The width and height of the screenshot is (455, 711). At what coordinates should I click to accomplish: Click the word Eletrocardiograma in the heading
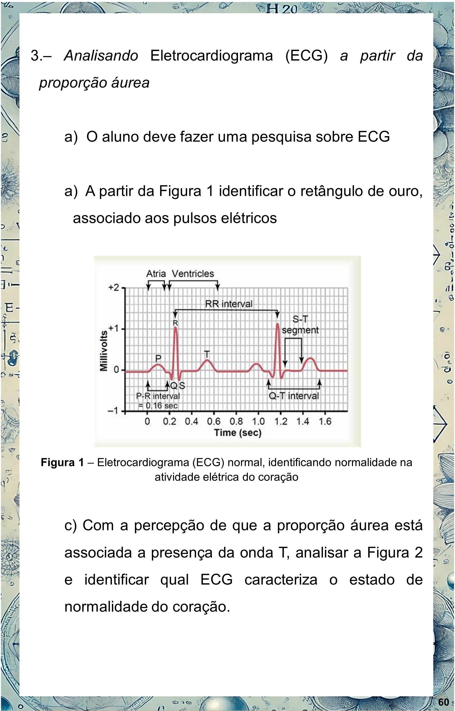click(x=212, y=56)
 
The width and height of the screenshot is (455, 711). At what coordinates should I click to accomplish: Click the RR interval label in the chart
click(x=229, y=304)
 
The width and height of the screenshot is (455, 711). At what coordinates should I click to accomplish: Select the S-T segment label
click(x=300, y=325)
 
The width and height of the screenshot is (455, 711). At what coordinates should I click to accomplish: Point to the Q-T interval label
click(x=294, y=396)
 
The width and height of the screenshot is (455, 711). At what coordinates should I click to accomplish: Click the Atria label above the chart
click(x=156, y=274)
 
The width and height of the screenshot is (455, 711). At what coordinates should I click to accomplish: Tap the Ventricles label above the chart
click(x=193, y=274)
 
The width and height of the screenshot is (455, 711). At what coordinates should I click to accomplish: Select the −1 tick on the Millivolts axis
click(x=113, y=411)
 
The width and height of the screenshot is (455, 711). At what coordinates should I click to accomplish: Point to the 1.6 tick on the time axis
click(x=325, y=421)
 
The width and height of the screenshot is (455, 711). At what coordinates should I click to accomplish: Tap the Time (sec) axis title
click(x=238, y=433)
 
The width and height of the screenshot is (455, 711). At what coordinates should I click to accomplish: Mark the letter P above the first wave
click(x=158, y=358)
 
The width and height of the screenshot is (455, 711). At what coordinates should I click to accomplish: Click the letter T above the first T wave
click(x=207, y=354)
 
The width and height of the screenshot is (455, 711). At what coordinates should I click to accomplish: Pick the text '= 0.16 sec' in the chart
click(x=158, y=406)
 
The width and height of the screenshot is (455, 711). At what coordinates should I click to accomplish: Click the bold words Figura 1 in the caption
click(x=62, y=462)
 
